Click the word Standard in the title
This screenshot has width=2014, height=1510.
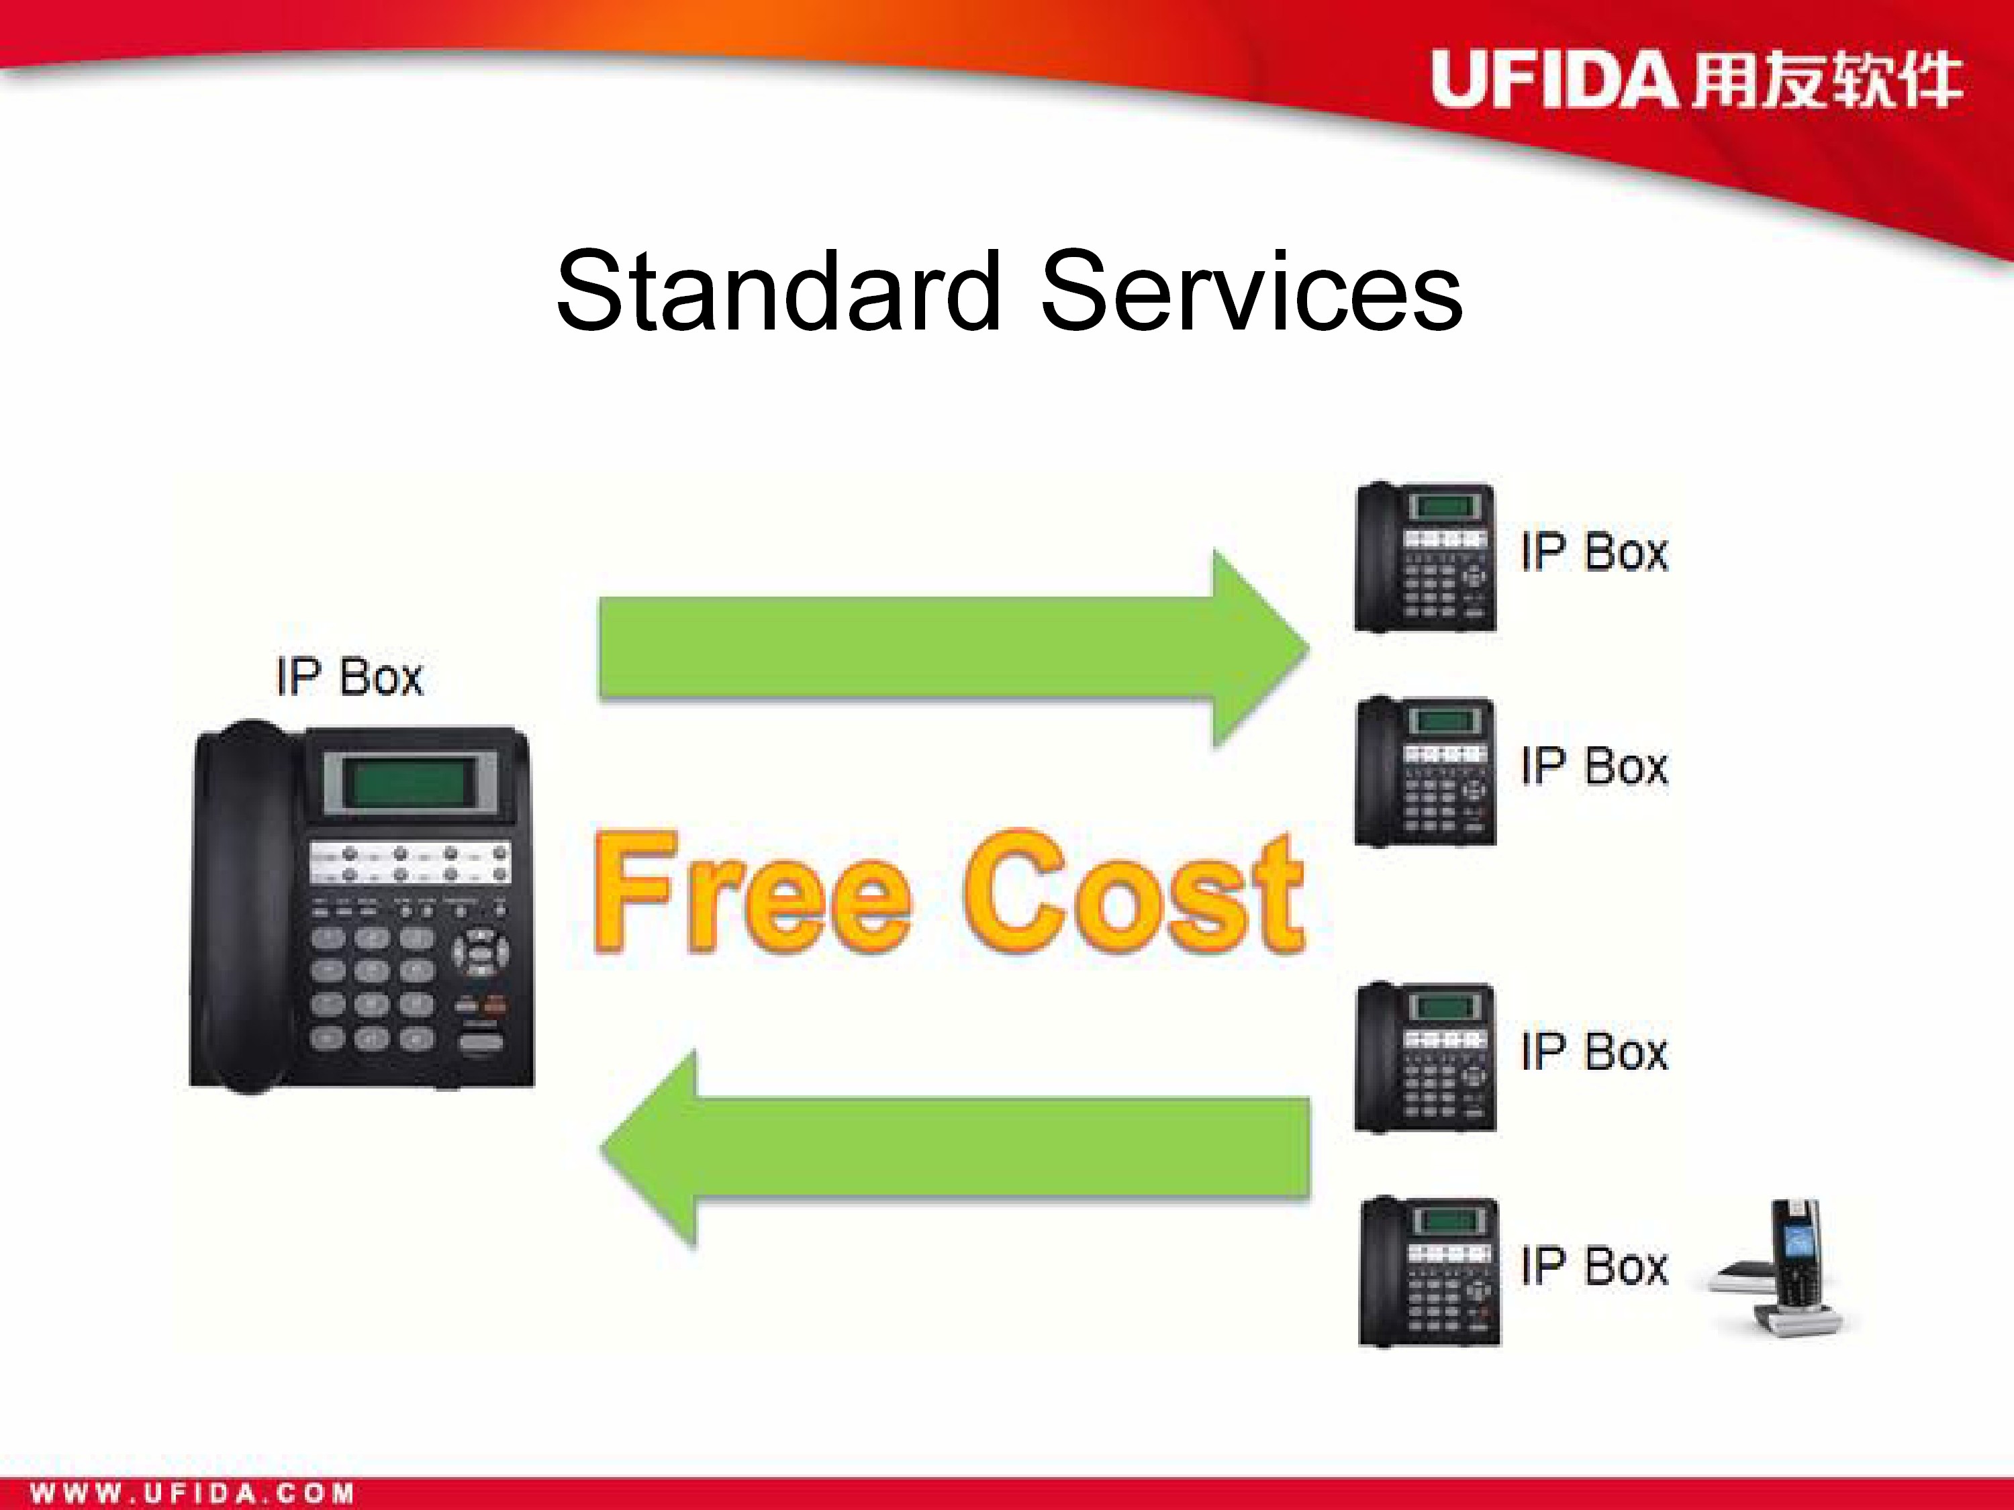779,291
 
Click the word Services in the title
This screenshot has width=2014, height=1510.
1252,291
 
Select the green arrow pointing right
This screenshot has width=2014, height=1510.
953,648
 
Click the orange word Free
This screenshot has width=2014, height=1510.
752,893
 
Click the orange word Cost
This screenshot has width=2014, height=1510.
1135,893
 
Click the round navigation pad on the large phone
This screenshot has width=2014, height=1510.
481,952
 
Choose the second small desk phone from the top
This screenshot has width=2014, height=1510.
1425,772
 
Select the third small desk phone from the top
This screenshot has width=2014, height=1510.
1425,1057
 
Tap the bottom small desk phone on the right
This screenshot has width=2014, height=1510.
1429,1272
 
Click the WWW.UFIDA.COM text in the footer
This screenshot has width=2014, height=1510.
192,1493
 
